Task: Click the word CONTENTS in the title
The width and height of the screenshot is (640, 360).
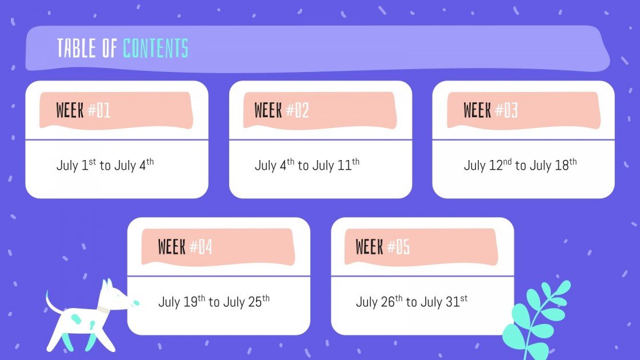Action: tap(155, 49)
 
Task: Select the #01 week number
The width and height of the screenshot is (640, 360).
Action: tap(99, 110)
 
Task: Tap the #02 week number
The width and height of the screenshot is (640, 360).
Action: tap(297, 110)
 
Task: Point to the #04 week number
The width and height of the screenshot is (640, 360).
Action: tap(201, 247)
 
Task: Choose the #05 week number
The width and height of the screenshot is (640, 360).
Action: tap(398, 247)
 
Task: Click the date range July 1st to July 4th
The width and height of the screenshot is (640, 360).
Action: tap(105, 166)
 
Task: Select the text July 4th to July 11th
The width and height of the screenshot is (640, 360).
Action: tap(307, 166)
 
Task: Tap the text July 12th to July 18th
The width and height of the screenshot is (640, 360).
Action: tap(520, 166)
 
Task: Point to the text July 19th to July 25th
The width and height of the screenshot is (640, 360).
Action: tap(214, 302)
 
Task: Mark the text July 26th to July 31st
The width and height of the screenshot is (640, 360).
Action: tap(411, 302)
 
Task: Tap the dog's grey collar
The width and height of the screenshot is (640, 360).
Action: tap(102, 309)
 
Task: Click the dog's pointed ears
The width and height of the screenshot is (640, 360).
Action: tap(107, 285)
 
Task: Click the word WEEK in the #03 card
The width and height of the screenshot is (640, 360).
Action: tap(477, 110)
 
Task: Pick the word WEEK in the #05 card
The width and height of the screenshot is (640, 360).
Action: tap(369, 247)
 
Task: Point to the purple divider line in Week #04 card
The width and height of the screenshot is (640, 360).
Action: tap(218, 277)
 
